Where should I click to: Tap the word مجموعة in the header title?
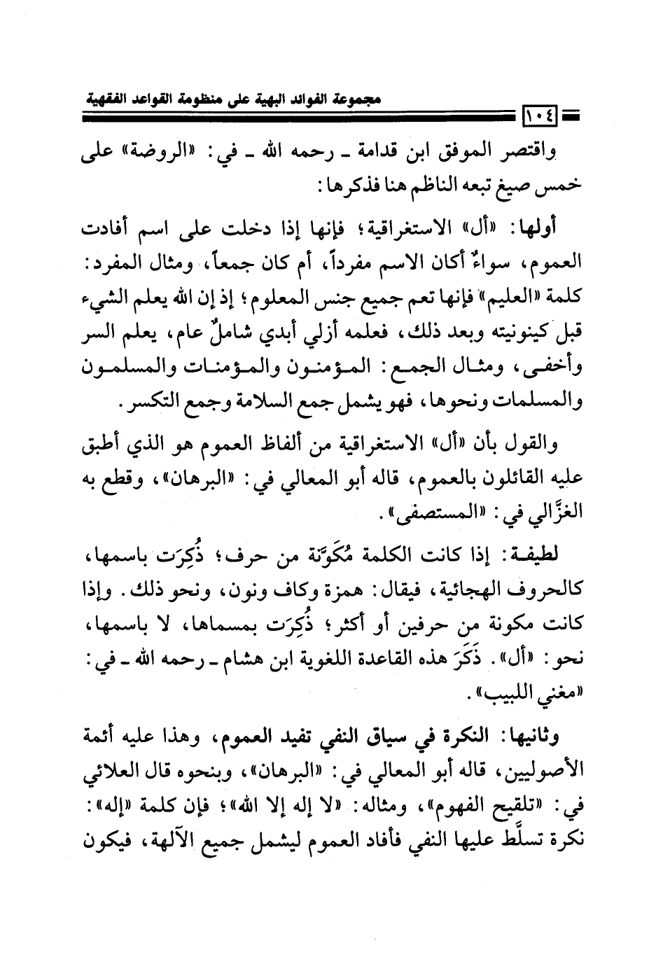point(348,99)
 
